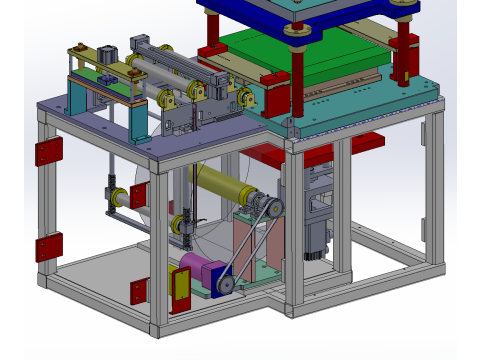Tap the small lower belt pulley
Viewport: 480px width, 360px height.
click(x=226, y=286)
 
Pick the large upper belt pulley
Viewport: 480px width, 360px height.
click(x=268, y=207)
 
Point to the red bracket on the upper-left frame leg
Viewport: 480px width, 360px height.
click(x=48, y=152)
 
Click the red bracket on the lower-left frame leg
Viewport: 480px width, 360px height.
click(x=48, y=246)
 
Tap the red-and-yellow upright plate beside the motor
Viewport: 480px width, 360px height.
click(x=181, y=289)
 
